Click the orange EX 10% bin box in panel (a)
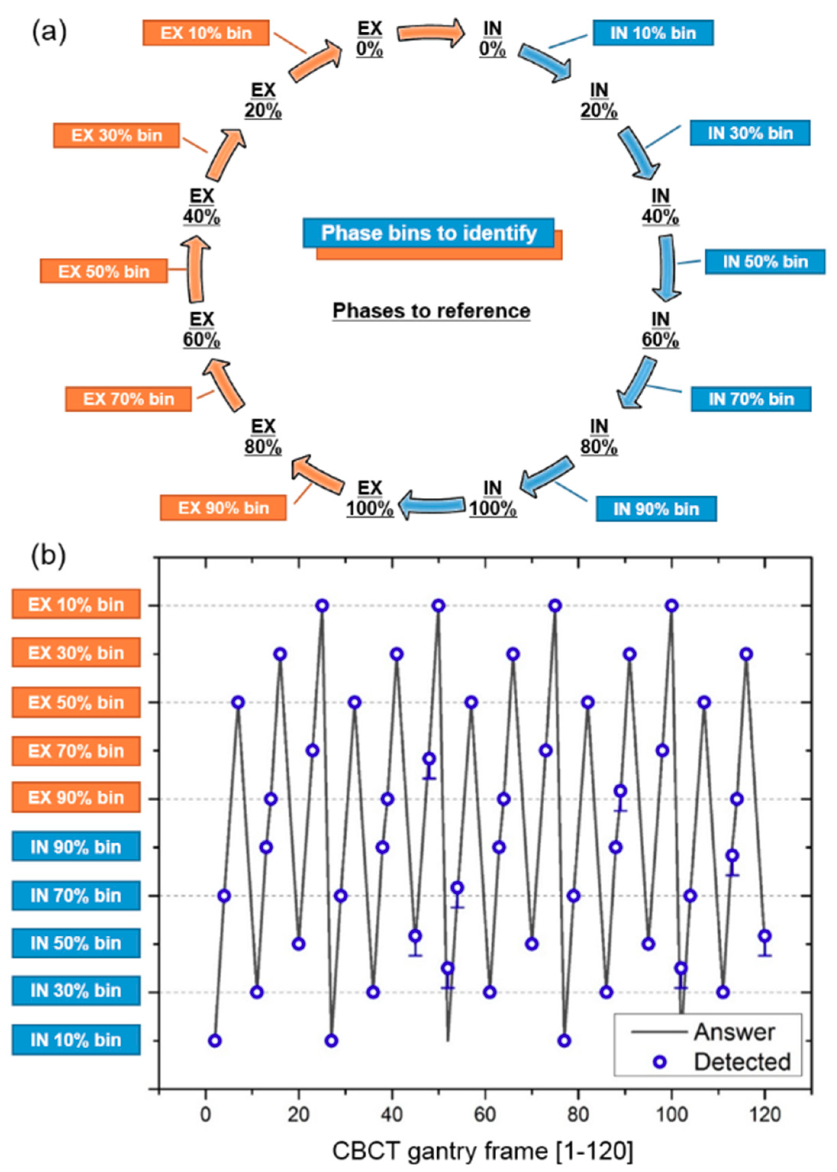[x=206, y=33]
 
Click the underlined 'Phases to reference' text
[x=431, y=311]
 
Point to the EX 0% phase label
[x=369, y=39]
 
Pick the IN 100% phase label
[x=492, y=498]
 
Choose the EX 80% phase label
[x=263, y=436]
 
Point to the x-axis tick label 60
[x=485, y=1115]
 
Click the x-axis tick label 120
[x=765, y=1115]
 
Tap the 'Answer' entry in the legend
[x=734, y=1032]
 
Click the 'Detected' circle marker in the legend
[x=660, y=1062]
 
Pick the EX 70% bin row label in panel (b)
[x=76, y=751]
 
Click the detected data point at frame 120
[x=765, y=935]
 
